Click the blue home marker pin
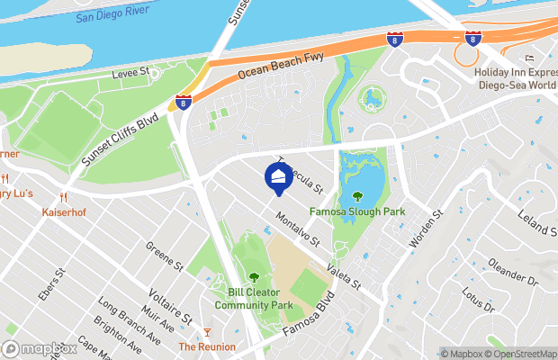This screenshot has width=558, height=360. point(278,178)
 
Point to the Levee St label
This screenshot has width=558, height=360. point(130,72)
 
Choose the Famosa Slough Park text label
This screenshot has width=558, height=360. point(357,212)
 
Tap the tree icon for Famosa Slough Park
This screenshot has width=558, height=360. point(357,196)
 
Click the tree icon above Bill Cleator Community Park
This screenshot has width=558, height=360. point(253,276)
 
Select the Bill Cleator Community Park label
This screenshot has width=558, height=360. point(260,299)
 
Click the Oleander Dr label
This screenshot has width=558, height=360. point(512,274)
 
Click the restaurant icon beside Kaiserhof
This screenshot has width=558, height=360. point(62,198)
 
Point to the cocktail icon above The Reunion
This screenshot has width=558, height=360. point(207,332)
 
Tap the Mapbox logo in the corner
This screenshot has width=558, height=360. point(40,348)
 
